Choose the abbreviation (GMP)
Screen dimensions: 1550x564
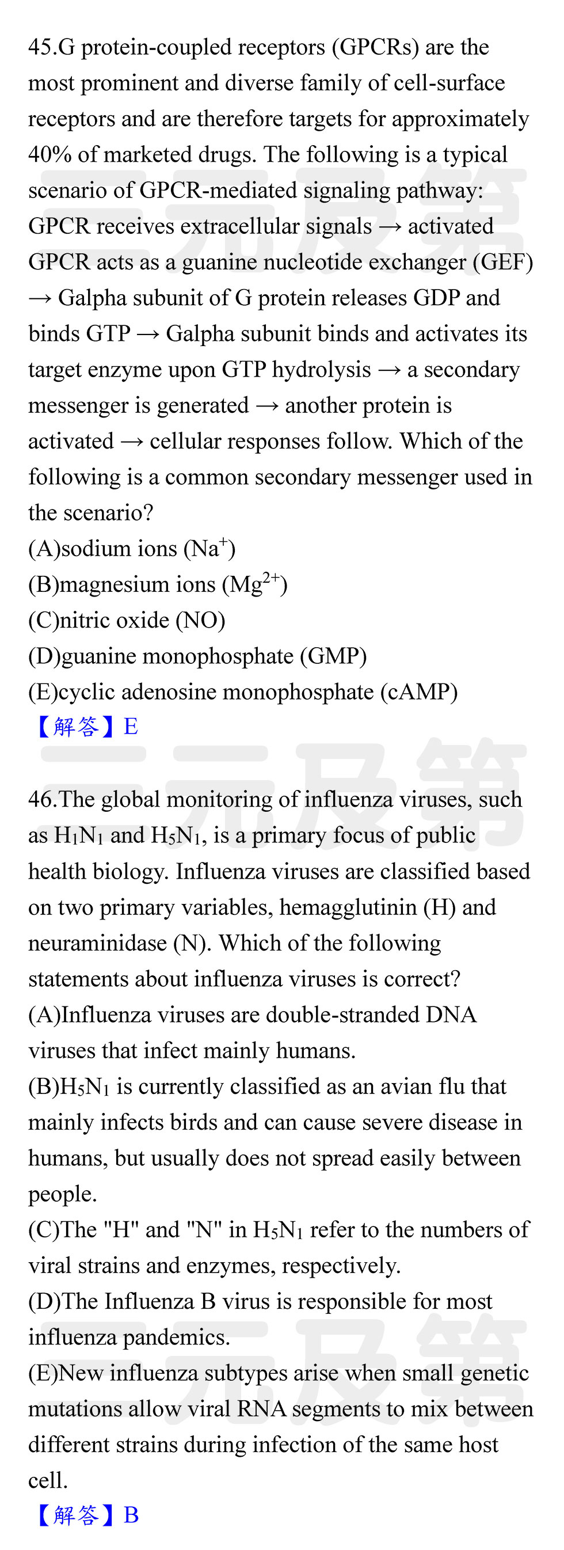333,656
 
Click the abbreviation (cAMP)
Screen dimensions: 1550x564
418,692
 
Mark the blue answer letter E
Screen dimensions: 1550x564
131,727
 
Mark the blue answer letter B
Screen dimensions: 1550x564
131,1515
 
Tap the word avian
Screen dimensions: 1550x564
425,1086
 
